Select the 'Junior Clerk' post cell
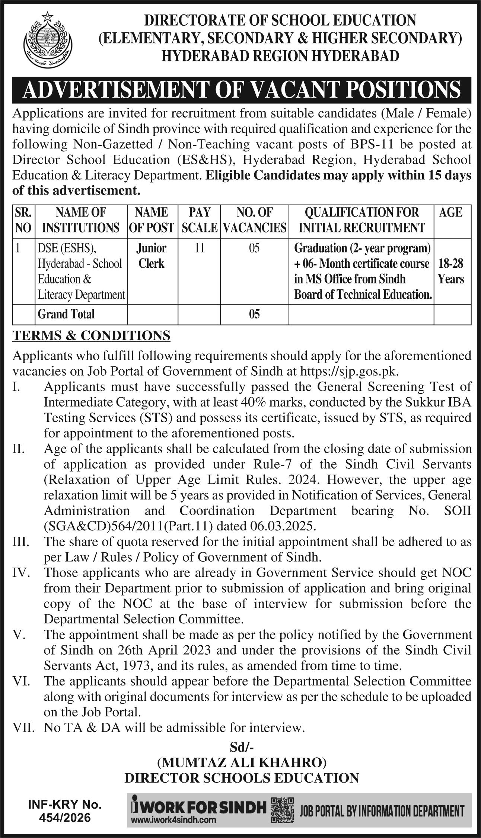coord(152,256)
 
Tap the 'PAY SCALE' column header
coord(199,220)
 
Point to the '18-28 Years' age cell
coord(451,272)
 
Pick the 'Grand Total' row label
coord(66,314)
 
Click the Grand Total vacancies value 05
coord(254,315)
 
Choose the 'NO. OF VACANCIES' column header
coord(255,220)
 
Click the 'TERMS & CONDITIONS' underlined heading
coord(92,335)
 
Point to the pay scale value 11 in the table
coord(199,248)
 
